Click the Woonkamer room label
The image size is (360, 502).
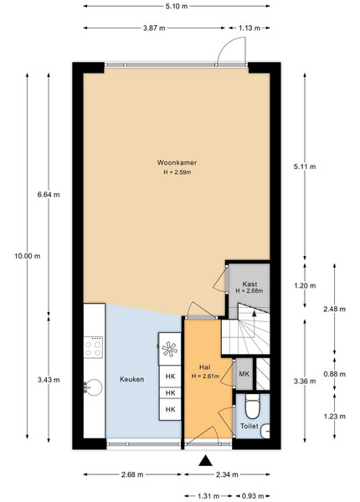(177, 162)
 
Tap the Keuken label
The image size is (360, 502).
(131, 379)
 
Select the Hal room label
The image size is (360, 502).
(204, 367)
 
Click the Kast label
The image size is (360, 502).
(249, 284)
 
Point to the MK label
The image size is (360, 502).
(244, 374)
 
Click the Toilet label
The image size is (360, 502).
(249, 426)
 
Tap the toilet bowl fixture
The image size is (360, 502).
(252, 407)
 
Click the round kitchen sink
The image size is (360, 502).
(93, 387)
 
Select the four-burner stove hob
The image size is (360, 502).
(93, 348)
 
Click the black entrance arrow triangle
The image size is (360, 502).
(205, 461)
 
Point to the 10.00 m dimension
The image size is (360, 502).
(28, 256)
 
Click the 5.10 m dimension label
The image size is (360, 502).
(177, 6)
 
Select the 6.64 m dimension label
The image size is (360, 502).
(49, 194)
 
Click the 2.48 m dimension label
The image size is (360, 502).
(334, 309)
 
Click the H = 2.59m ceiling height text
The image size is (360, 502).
(177, 172)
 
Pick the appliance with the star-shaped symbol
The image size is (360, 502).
(170, 349)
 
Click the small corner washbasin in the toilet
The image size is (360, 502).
(265, 431)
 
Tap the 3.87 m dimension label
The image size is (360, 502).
(154, 28)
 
